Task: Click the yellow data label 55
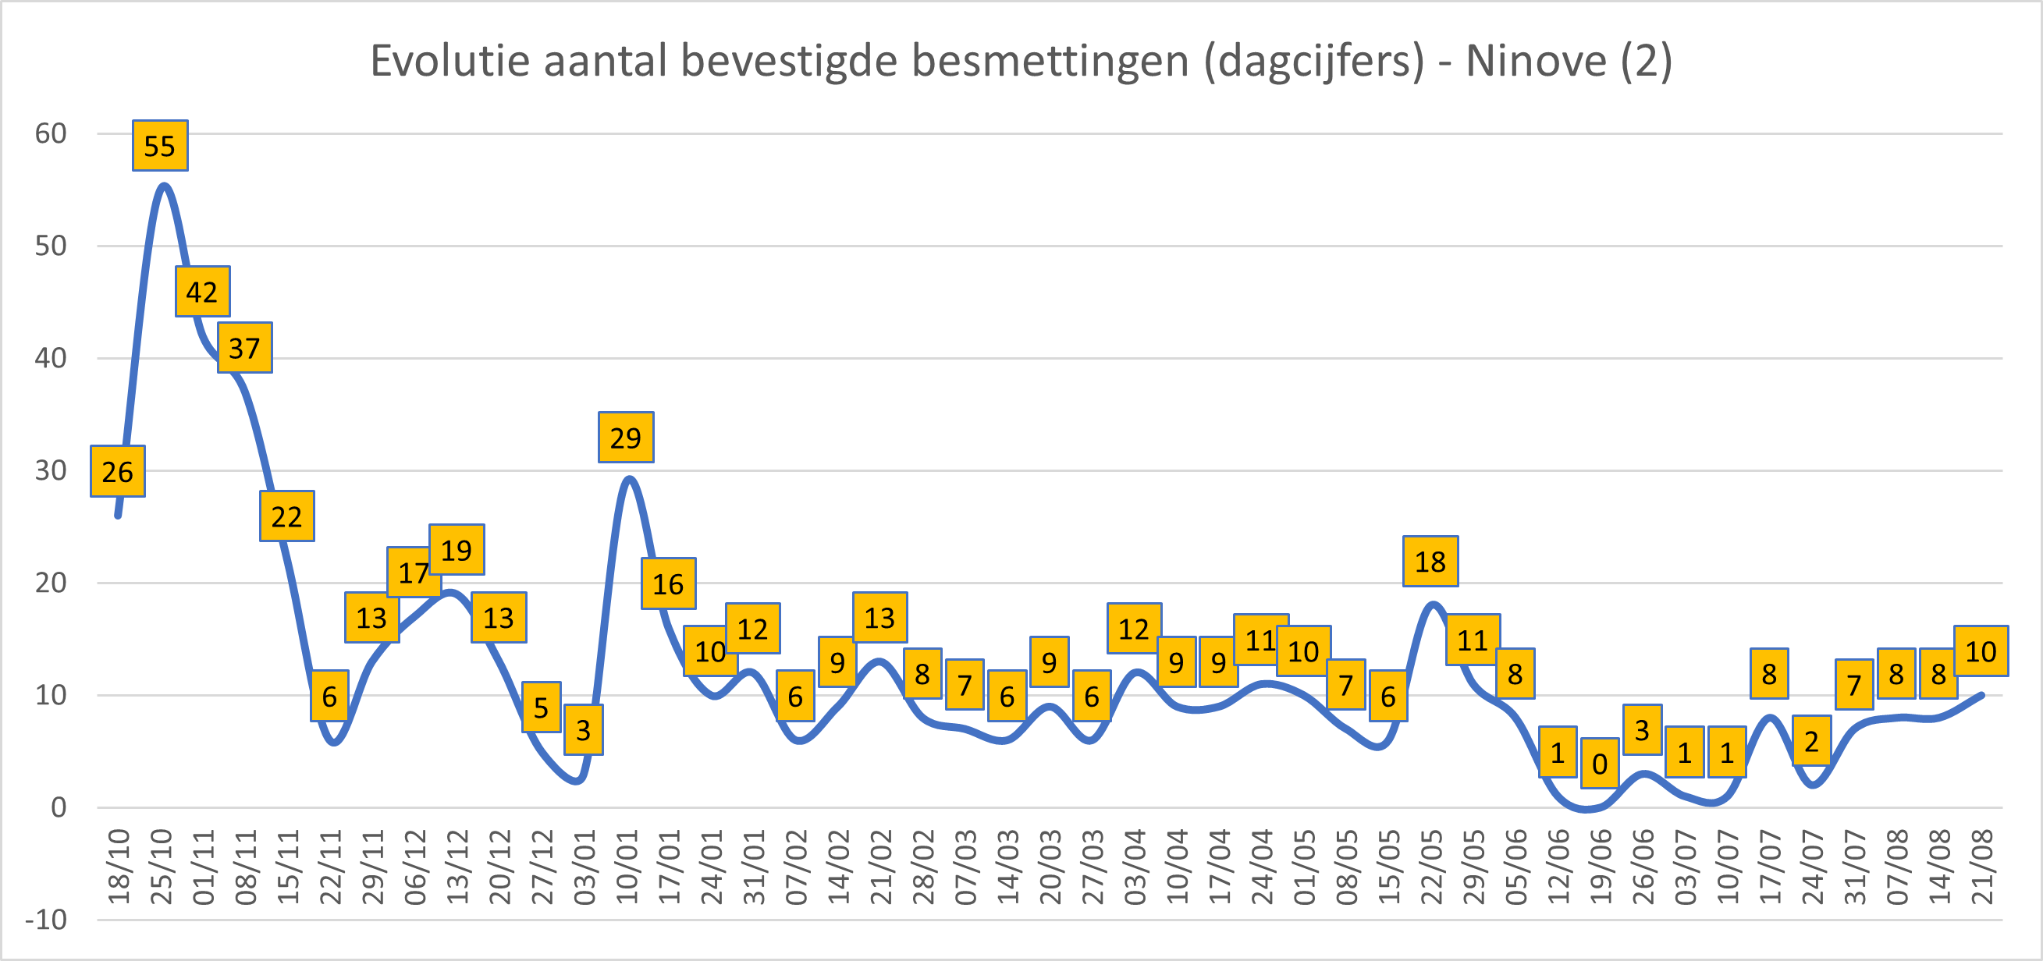(x=159, y=146)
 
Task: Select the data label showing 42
(x=202, y=292)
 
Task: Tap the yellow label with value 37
(x=244, y=348)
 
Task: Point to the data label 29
(x=626, y=438)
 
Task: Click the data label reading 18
(x=1430, y=562)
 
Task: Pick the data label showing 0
(x=1600, y=764)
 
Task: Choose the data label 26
(x=117, y=472)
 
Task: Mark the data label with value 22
(x=286, y=517)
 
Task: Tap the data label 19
(x=457, y=549)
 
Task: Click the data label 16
(x=668, y=583)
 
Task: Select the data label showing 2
(x=1811, y=740)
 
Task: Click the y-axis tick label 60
(x=50, y=133)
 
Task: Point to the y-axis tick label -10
(x=46, y=920)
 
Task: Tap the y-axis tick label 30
(x=50, y=470)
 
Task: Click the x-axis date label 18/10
(x=118, y=867)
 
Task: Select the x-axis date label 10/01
(x=627, y=867)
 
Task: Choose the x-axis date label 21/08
(x=1981, y=867)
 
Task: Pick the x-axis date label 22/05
(x=1430, y=867)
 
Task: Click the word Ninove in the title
(x=1536, y=60)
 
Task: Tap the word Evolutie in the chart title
(x=450, y=60)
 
